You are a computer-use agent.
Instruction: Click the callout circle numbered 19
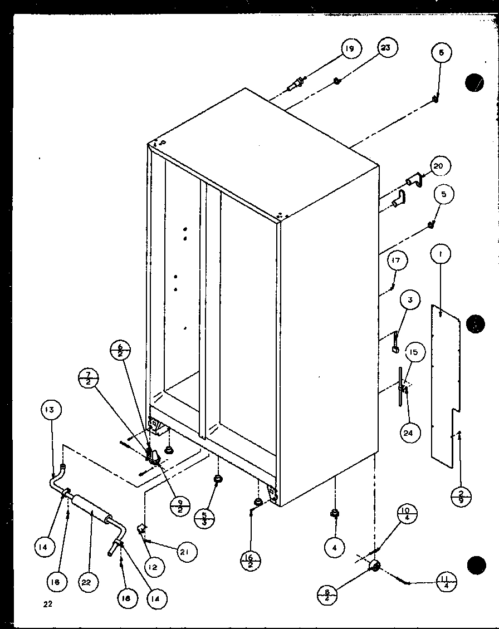349,50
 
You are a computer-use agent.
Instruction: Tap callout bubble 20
440,166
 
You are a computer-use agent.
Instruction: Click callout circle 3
410,301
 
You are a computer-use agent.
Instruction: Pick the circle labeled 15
414,353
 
